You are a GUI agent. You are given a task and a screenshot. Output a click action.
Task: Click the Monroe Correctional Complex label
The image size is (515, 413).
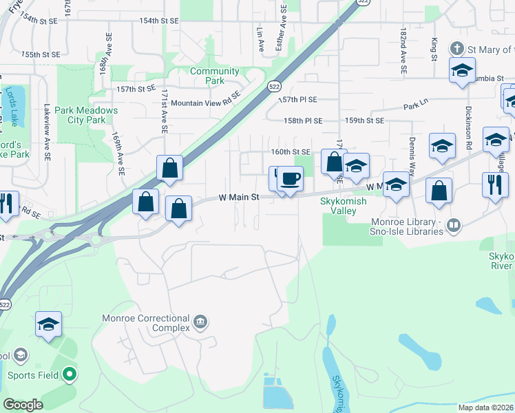[145, 323]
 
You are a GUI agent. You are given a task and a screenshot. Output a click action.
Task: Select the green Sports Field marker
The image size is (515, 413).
[69, 375]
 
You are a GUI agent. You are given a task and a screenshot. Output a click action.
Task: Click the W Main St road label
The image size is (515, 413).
[238, 198]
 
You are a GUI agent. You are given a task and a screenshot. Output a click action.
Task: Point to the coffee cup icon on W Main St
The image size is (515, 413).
[290, 179]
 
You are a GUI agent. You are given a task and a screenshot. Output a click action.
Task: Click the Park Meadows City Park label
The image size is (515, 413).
[86, 115]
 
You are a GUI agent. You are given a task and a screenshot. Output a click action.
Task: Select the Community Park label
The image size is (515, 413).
[215, 76]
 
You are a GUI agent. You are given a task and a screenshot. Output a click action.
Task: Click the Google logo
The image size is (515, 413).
[23, 405]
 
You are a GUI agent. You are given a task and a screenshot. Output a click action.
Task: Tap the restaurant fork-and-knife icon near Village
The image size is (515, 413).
[495, 184]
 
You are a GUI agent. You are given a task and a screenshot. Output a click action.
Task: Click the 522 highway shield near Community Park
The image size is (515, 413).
[274, 85]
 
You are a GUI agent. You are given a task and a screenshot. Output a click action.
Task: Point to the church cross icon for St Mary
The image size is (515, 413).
[456, 49]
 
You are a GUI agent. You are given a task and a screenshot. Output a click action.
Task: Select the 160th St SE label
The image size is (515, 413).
[291, 151]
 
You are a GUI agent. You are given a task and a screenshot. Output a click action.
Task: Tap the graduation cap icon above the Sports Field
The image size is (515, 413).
[48, 324]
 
